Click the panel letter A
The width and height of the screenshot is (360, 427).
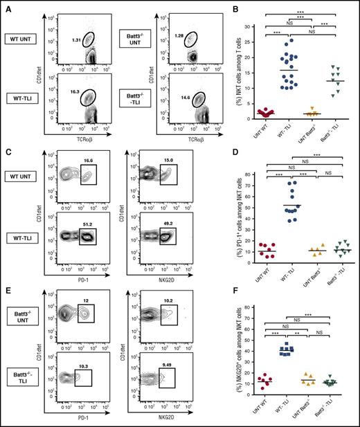tap(6, 6)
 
